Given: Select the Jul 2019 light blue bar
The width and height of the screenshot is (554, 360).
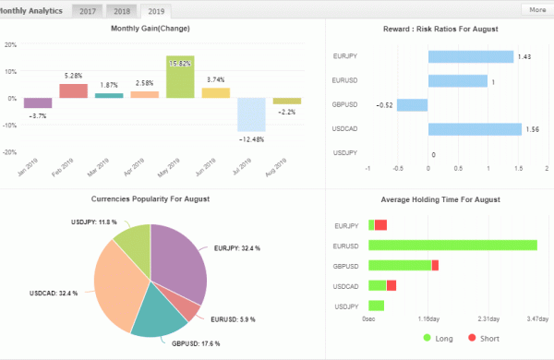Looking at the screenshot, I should point(252,114).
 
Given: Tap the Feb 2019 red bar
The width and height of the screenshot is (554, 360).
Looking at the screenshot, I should point(73,90).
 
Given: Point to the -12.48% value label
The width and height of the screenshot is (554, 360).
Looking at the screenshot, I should point(252,139).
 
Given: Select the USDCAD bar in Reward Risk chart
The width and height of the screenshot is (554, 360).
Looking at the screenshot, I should point(474,128).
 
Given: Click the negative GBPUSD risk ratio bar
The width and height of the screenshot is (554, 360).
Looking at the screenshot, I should point(413,104).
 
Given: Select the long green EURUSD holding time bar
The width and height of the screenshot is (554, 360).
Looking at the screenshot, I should point(452,245).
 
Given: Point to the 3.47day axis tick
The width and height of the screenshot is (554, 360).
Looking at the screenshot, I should point(537,318).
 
